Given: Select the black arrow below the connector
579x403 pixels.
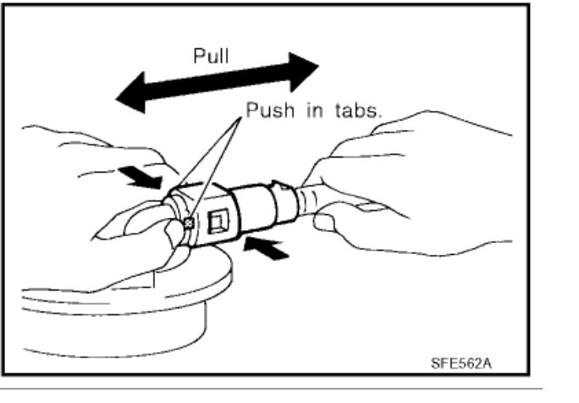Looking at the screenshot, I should pos(266,249).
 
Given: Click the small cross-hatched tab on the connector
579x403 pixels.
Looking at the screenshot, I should pos(188,223).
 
